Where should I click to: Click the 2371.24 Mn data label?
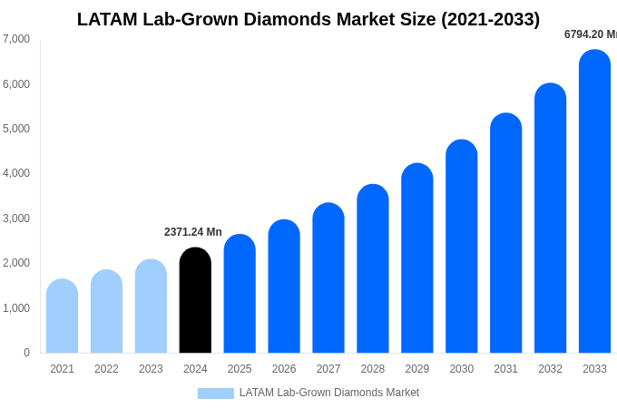(x=192, y=232)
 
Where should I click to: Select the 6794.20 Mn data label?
(x=590, y=34)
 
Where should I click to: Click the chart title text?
(x=308, y=19)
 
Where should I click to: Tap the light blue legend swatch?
(x=215, y=393)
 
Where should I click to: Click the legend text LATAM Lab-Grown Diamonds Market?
(x=328, y=393)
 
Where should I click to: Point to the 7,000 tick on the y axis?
(x=16, y=39)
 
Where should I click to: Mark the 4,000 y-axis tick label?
(x=16, y=173)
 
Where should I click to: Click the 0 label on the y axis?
(x=26, y=353)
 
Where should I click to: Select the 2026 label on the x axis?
(x=284, y=369)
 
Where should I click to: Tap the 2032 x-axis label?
(x=550, y=369)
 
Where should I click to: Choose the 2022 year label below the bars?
(x=106, y=369)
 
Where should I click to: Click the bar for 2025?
(x=240, y=294)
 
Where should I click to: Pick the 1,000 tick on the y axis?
(x=16, y=308)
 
